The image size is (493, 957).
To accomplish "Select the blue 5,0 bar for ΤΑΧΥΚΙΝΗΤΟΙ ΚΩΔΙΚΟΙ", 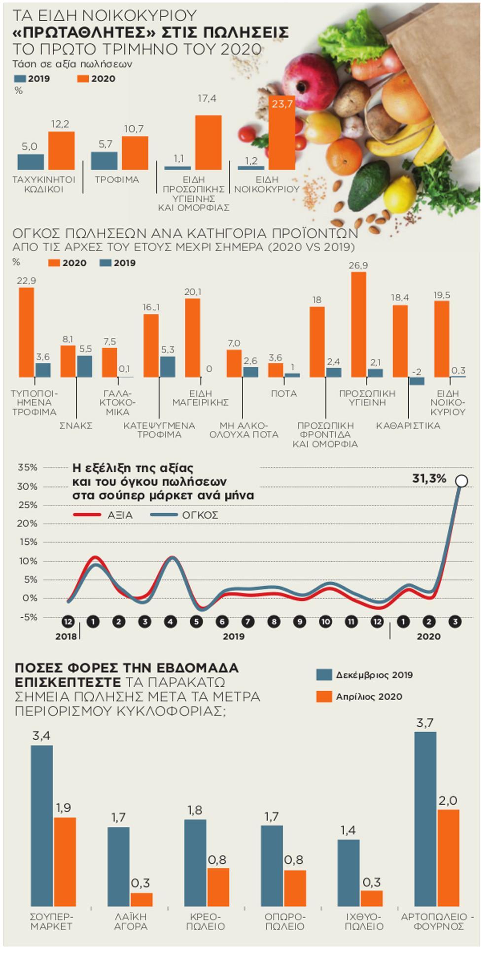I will pyautogui.click(x=31, y=162).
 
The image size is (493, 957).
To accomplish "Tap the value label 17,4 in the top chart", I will pyautogui.click(x=207, y=99).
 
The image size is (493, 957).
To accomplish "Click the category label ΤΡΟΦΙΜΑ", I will pyautogui.click(x=117, y=180).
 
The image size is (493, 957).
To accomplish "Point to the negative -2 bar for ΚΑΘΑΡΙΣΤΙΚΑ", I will pyautogui.click(x=417, y=381).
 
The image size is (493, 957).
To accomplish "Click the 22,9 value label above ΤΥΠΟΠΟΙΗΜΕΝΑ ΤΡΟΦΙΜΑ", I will pyautogui.click(x=27, y=281).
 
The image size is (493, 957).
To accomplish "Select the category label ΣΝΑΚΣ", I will pyautogui.click(x=76, y=425).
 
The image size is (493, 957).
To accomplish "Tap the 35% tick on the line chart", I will pyautogui.click(x=28, y=467).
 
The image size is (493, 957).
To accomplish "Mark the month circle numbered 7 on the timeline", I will pyautogui.click(x=248, y=622).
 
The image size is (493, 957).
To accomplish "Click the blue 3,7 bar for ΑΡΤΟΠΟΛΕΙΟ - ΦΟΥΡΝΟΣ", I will pyautogui.click(x=425, y=818).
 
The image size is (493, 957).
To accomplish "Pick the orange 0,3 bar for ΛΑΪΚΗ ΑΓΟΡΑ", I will pyautogui.click(x=141, y=899).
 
